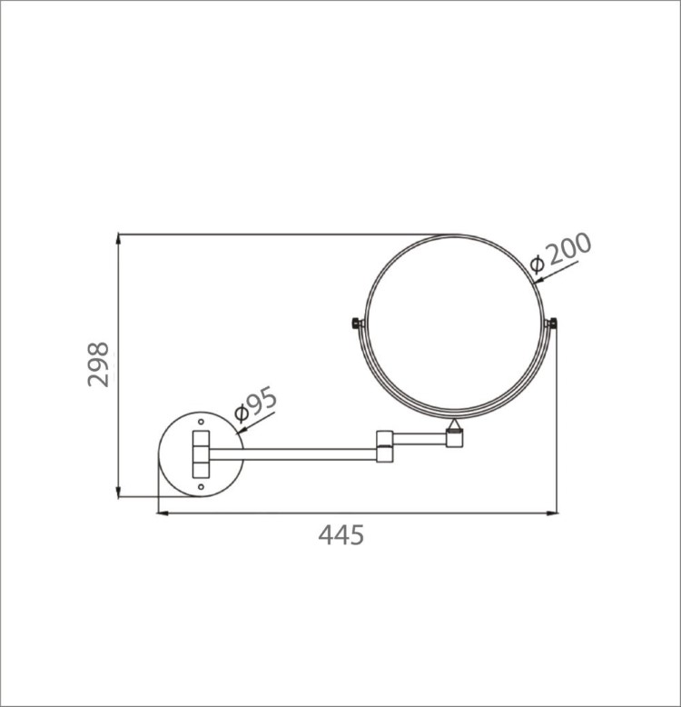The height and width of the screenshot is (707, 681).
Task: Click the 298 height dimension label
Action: click(98, 364)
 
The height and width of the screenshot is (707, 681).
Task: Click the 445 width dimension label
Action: click(340, 535)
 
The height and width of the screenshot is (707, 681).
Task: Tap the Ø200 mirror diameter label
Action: click(560, 253)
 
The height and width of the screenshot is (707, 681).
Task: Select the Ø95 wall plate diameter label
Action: click(255, 404)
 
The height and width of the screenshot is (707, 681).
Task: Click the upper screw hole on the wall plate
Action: click(201, 422)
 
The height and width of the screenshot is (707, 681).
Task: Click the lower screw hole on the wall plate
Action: click(201, 486)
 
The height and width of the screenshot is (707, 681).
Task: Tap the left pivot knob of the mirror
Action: click(356, 324)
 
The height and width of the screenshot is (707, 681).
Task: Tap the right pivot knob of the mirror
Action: click(552, 324)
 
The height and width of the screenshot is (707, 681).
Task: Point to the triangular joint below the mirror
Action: click(454, 423)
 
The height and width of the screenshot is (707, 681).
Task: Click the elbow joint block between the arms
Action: click(385, 446)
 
